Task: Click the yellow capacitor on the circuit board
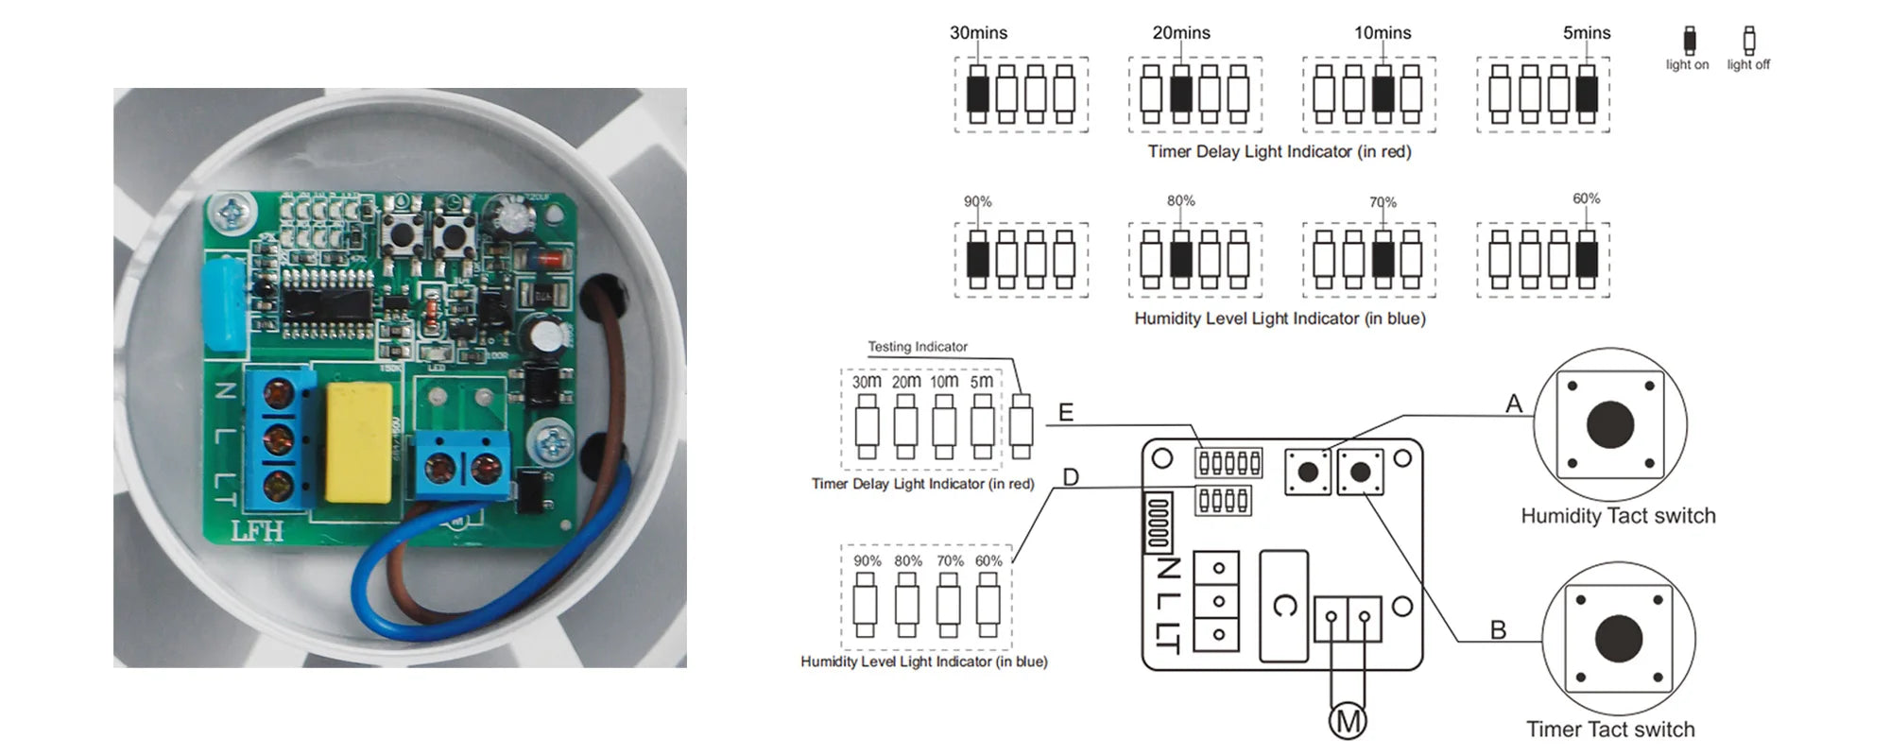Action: tap(358, 442)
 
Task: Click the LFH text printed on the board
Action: tap(257, 531)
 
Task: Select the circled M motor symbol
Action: tap(1348, 722)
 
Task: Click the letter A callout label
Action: tap(1514, 404)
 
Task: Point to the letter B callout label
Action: tap(1498, 629)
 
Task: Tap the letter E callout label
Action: tap(1066, 413)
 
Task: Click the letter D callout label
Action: tap(1071, 477)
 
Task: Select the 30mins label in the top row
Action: tap(978, 33)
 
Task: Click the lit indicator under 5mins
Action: tap(1587, 94)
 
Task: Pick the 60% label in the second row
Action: tap(1586, 198)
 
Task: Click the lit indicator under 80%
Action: tap(1180, 259)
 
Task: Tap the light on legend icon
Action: tap(1689, 41)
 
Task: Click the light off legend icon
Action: tap(1749, 41)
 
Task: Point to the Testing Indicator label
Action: tap(918, 347)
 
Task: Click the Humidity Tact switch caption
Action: tap(1618, 516)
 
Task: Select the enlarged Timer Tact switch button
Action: tap(1619, 638)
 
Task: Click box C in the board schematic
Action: tap(1284, 606)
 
